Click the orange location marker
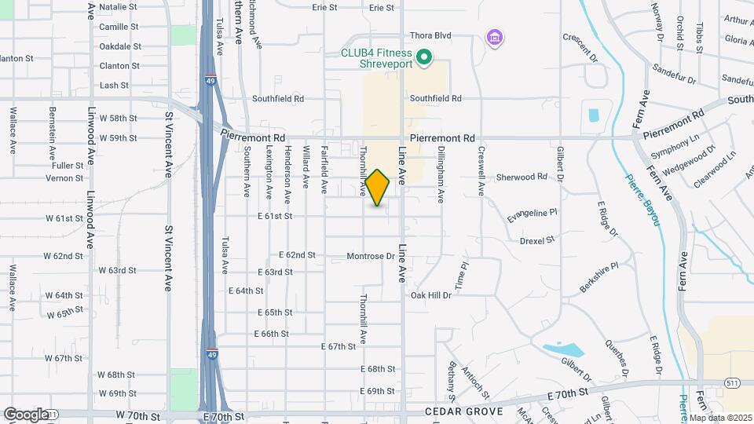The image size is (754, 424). point(377,188)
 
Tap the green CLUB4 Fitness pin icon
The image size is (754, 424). point(425,57)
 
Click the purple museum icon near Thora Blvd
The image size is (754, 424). point(494,37)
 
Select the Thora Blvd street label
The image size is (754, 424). point(431,35)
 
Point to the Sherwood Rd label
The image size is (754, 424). point(521,177)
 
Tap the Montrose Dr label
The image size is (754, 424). point(371,256)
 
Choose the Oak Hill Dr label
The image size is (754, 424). point(431,295)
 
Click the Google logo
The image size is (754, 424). point(25,414)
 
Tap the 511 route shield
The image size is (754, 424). point(731,382)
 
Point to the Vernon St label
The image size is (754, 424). point(59,178)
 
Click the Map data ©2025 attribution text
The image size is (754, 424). point(720,418)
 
